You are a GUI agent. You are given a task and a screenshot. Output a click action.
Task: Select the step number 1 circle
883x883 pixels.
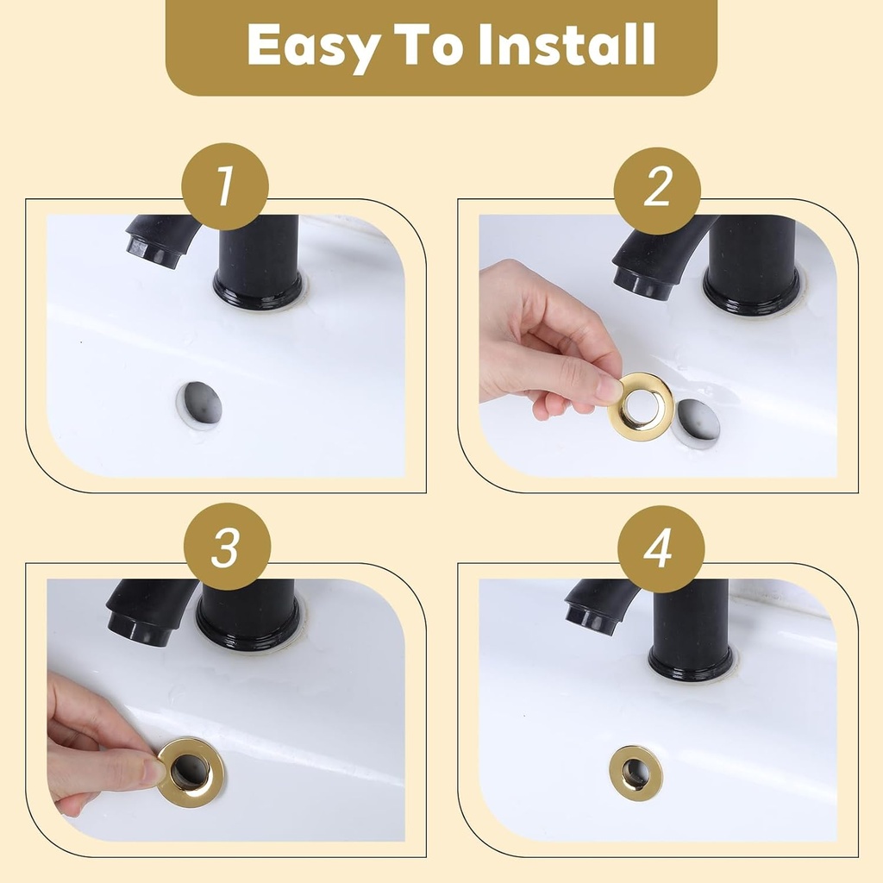pos(225,186)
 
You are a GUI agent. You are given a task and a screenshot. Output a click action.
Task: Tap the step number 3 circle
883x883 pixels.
pos(227,547)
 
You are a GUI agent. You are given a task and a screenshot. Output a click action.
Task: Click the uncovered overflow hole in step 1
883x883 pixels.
pos(200,404)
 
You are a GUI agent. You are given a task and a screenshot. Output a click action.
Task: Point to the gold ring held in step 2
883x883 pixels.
pos(641,406)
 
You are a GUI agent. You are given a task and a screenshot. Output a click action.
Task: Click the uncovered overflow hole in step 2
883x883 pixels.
pos(697,423)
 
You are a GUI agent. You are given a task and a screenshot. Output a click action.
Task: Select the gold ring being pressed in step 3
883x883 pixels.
pos(191,772)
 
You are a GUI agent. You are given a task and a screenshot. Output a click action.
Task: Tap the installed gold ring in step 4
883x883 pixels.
pos(636,773)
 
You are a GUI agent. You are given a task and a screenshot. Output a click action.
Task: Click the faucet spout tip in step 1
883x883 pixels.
pos(153,251)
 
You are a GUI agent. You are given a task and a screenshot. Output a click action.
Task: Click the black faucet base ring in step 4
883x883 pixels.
pos(691,666)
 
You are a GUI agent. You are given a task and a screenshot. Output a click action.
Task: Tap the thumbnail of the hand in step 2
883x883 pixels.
pos(610,389)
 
